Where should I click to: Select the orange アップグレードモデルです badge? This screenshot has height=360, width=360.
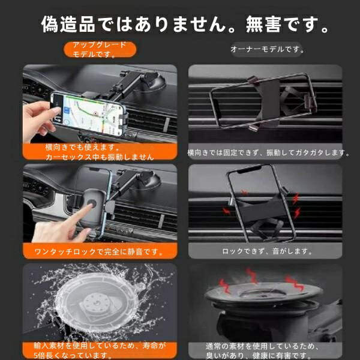(x=100, y=49)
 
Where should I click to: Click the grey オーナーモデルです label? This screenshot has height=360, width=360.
(x=267, y=49)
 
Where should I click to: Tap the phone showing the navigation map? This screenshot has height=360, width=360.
(x=88, y=114)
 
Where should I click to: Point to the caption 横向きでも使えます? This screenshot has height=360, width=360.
(x=82, y=147)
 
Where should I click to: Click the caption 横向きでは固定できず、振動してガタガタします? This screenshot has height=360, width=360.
(x=268, y=152)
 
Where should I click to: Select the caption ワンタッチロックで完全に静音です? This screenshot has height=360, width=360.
(x=99, y=252)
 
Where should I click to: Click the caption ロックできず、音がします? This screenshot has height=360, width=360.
(x=267, y=251)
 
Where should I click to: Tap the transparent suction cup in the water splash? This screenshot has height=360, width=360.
(x=97, y=303)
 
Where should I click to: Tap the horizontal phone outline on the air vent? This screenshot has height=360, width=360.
(x=263, y=101)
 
